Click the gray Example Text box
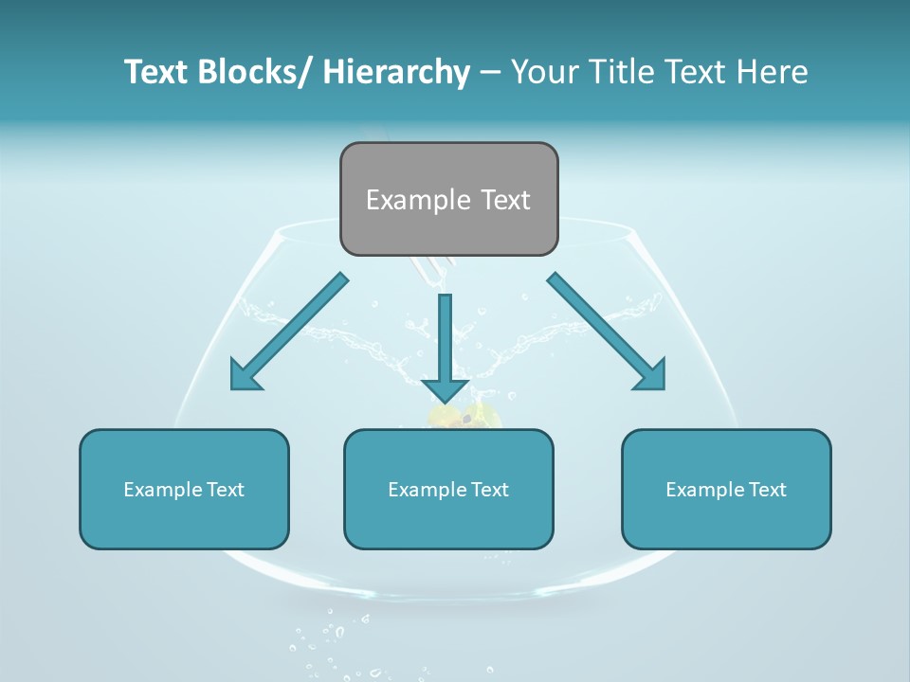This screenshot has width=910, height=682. [448, 199]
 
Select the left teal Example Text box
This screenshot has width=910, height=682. [184, 489]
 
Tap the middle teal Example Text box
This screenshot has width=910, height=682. [448, 489]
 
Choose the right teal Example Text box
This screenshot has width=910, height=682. [726, 489]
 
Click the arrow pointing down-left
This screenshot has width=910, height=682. [288, 332]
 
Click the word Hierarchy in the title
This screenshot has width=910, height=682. [395, 72]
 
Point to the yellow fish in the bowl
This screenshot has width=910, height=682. [464, 415]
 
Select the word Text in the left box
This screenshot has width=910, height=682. [226, 490]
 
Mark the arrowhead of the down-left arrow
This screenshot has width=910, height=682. [245, 375]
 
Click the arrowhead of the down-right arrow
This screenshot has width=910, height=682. [651, 375]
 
